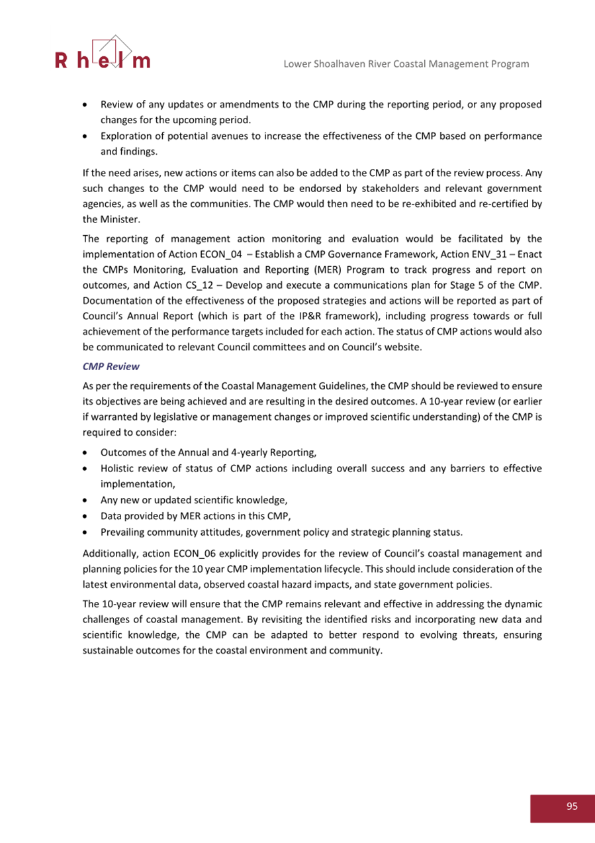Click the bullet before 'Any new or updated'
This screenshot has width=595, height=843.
tap(86, 500)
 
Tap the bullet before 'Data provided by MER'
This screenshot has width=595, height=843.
tap(86, 516)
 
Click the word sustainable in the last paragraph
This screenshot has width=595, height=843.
tap(108, 650)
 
